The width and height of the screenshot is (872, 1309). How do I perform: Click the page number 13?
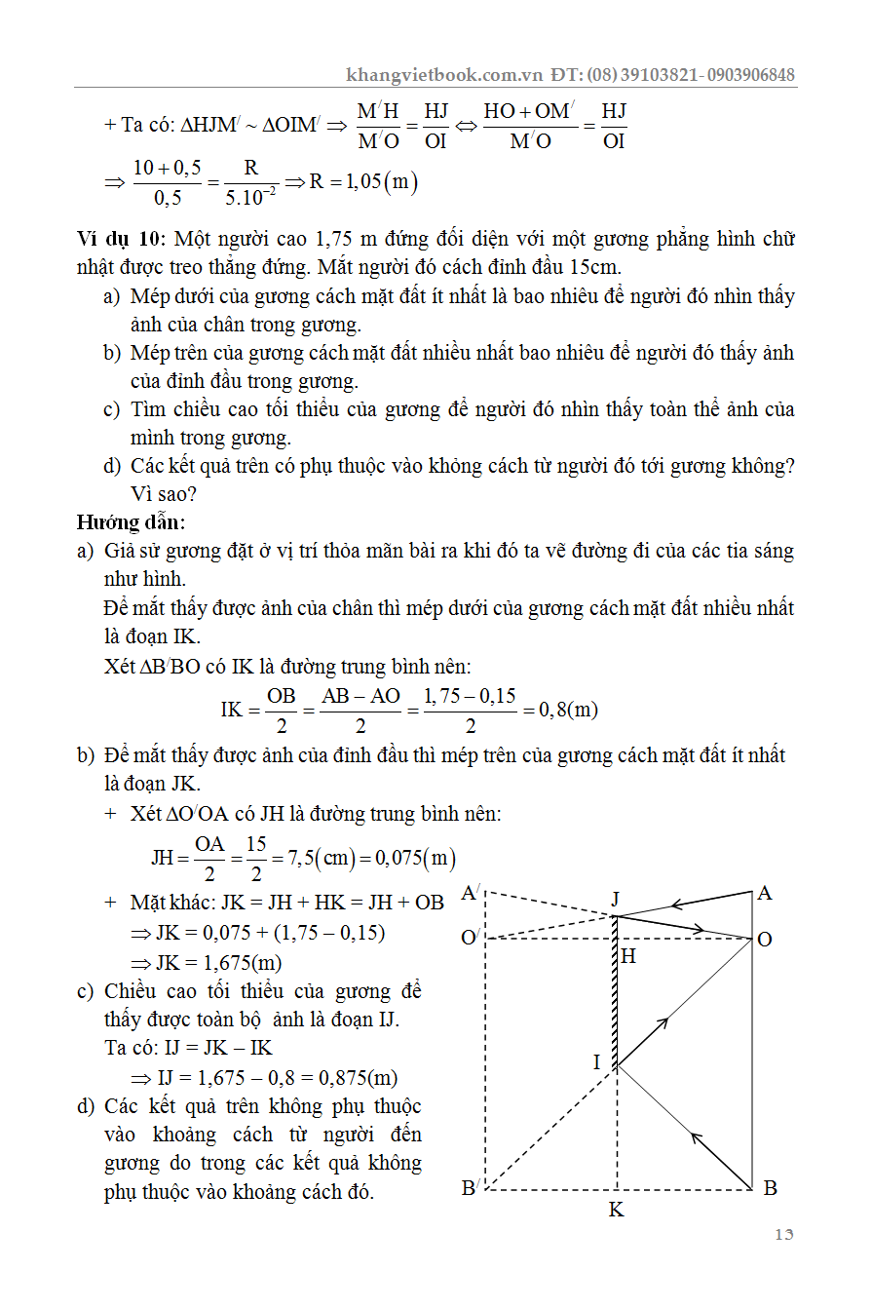tap(784, 1235)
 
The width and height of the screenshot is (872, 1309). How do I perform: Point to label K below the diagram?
tap(616, 1211)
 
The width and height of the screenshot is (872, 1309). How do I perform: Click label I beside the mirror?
tap(597, 1061)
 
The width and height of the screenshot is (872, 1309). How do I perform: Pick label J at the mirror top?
tap(616, 898)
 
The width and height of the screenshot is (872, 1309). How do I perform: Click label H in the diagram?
tap(628, 956)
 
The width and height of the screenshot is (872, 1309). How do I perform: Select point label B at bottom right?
tap(770, 1187)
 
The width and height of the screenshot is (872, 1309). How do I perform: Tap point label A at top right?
tap(765, 893)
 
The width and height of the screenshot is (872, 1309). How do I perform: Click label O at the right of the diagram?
tap(765, 939)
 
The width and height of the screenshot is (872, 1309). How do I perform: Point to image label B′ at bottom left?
tap(469, 1187)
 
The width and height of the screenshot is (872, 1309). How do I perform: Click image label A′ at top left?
tap(472, 893)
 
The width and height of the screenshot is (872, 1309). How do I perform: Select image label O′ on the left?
tap(470, 938)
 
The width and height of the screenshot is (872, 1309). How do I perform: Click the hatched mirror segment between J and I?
tap(616, 994)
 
